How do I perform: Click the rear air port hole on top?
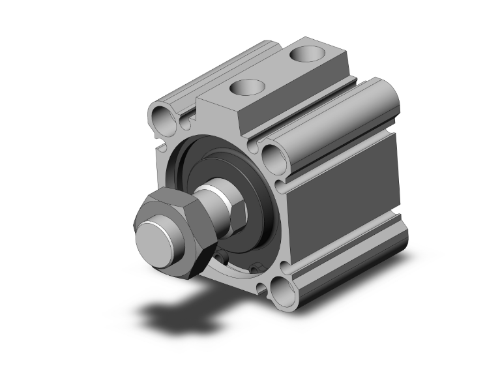[x=305, y=52]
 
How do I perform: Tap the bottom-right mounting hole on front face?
[x=282, y=288]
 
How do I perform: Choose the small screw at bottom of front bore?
[x=256, y=266]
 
